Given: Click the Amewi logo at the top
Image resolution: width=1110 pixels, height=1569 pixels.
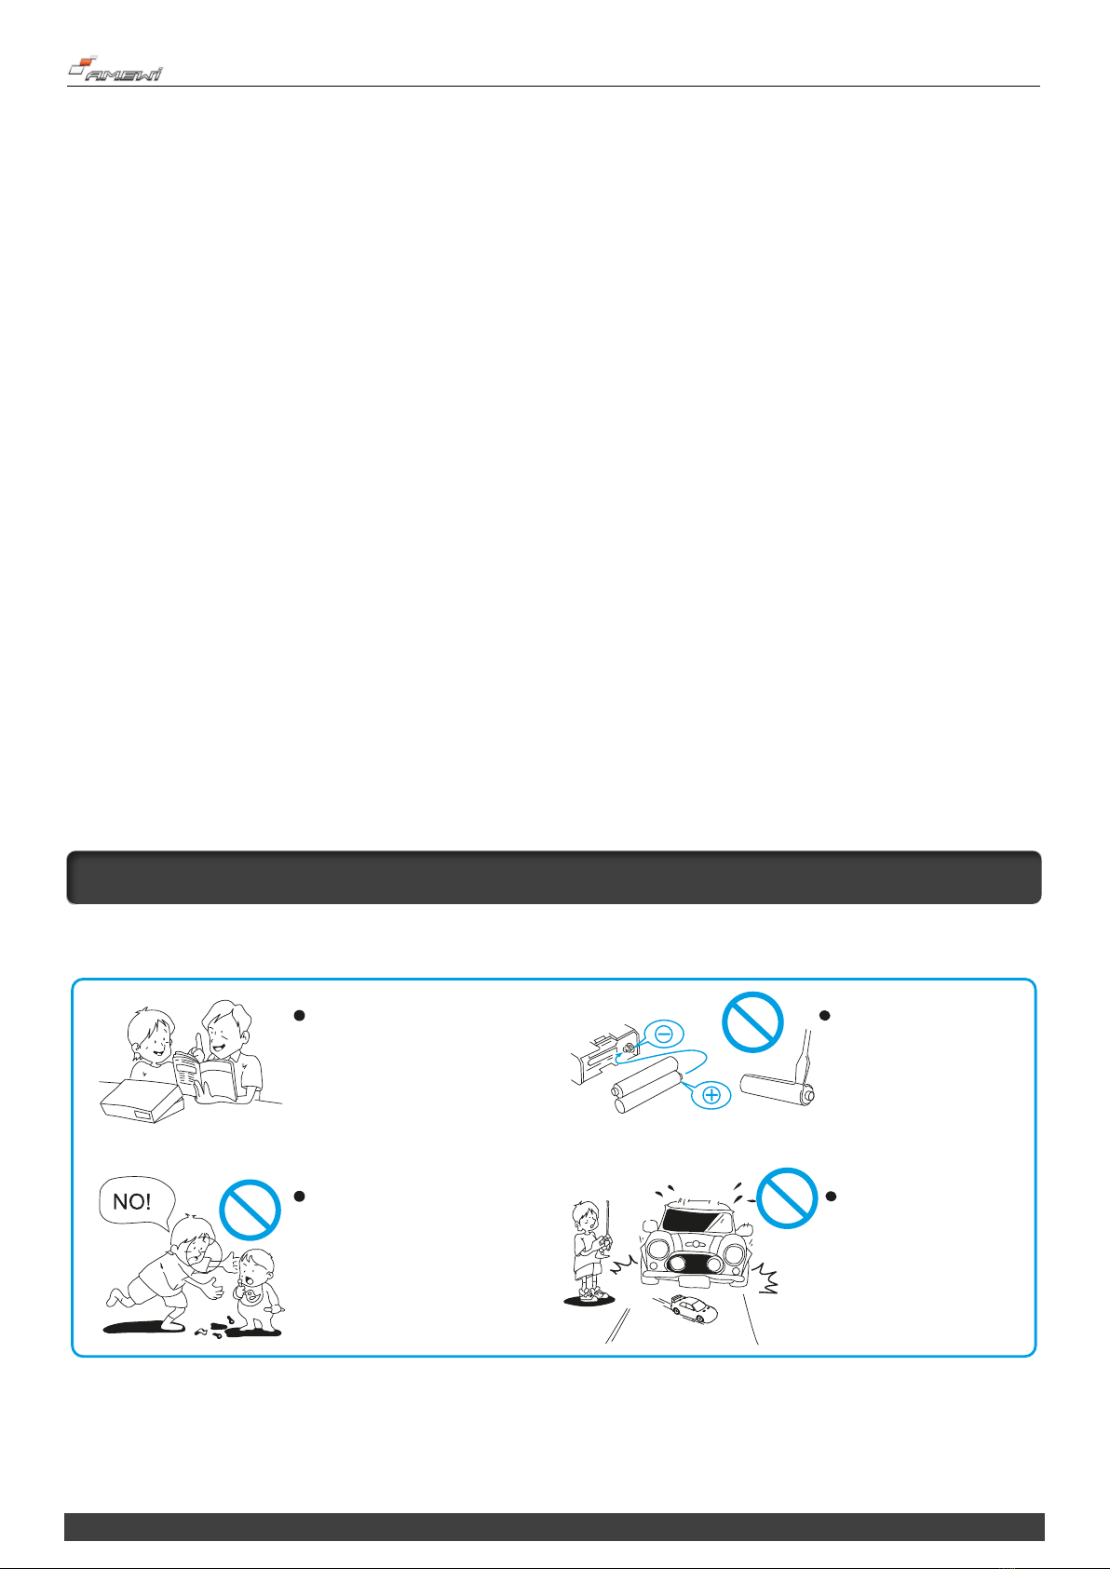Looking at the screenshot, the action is (115, 69).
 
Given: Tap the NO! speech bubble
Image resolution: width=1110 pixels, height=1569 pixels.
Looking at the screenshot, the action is (136, 1202).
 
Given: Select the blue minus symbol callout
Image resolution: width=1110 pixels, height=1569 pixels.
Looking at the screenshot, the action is (663, 1034).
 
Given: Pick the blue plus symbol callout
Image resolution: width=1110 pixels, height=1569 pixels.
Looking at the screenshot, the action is (711, 1095).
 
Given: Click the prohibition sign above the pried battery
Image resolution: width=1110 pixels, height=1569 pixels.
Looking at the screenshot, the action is (752, 1022).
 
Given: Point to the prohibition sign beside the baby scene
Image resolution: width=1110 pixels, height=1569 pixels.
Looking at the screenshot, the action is (250, 1210).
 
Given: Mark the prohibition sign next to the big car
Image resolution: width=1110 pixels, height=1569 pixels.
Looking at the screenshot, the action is (788, 1197).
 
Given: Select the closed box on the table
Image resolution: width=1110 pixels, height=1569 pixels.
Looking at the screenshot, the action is (142, 1100).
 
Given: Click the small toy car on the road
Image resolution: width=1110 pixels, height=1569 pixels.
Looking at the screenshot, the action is (691, 1308).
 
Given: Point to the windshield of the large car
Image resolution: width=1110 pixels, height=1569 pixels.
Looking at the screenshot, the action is (697, 1220).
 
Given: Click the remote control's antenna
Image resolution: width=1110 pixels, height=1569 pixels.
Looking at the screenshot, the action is (608, 1218).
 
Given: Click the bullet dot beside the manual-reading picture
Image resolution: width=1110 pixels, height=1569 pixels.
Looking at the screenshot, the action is (299, 1015).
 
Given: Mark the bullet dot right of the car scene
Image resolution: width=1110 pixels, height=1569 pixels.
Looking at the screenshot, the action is (831, 1197).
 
